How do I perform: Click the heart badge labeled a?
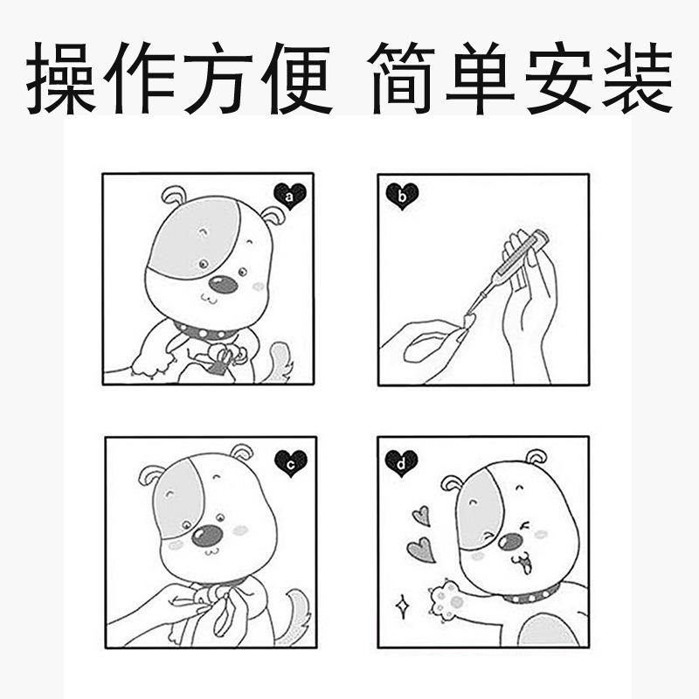(x=290, y=197)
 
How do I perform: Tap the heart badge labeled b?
(x=402, y=197)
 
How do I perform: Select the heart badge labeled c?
(x=290, y=461)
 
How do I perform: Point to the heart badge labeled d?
(x=401, y=463)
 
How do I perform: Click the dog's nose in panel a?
(x=224, y=285)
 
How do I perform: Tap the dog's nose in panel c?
(x=207, y=536)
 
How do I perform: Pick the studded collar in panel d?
(x=530, y=596)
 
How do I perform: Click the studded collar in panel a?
(x=206, y=332)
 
